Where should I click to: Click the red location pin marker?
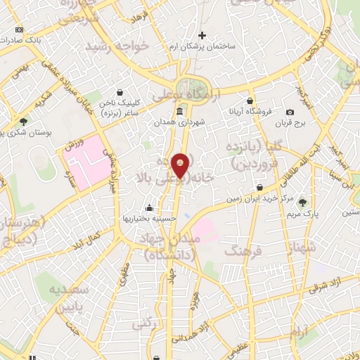click(x=181, y=165)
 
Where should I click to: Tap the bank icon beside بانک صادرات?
click(x=19, y=30)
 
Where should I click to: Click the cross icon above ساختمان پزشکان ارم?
click(x=202, y=35)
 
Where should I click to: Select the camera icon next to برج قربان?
click(x=290, y=112)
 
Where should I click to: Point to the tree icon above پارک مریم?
click(x=304, y=201)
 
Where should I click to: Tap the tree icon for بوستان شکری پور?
click(x=23, y=121)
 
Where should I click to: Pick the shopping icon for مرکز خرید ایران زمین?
click(x=261, y=188)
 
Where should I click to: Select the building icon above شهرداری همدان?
click(x=181, y=112)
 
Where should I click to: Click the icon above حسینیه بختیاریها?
click(x=149, y=208)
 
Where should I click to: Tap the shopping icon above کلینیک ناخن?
click(x=120, y=92)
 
